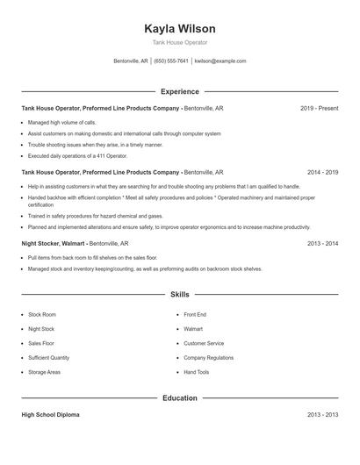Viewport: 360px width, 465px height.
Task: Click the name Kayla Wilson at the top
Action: tap(179, 29)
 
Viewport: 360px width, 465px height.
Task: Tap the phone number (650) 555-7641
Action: tap(172, 61)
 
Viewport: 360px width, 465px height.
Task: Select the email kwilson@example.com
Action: tap(220, 61)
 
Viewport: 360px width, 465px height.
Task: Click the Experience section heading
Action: tap(179, 91)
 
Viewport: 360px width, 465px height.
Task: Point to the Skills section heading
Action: tap(179, 296)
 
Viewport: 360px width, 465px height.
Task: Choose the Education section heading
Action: tap(179, 398)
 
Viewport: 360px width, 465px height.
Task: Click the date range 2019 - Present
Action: tap(319, 109)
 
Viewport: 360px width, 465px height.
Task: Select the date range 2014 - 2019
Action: tap(322, 173)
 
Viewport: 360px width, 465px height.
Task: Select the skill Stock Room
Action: tap(42, 314)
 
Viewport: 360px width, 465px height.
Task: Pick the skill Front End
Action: tap(195, 314)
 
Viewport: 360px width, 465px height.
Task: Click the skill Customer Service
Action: tap(204, 343)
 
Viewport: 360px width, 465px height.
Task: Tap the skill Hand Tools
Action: tap(197, 372)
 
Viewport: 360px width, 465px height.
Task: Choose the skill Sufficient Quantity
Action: tap(48, 358)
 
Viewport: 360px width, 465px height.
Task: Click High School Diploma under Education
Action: tap(50, 415)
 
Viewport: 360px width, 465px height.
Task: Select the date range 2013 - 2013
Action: tap(322, 415)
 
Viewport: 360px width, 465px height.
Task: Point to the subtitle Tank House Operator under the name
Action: tap(179, 42)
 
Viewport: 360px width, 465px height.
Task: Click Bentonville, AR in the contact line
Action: tap(131, 61)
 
